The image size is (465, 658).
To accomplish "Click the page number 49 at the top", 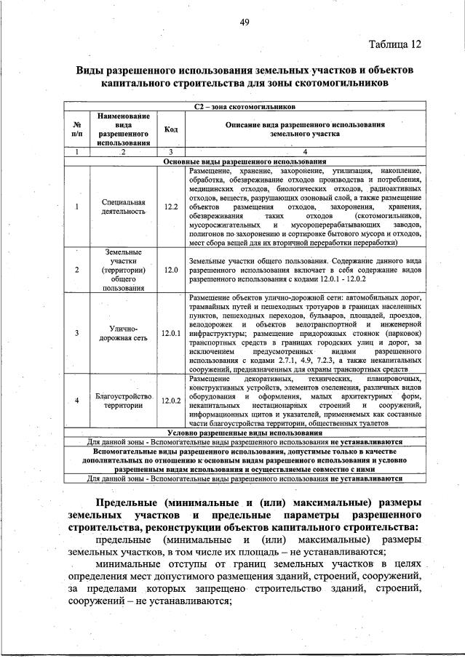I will click(x=245, y=22).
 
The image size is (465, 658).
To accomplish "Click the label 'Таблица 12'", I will click(x=394, y=43).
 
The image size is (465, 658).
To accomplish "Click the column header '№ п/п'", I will click(x=76, y=129).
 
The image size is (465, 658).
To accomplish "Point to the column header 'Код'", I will click(x=171, y=129).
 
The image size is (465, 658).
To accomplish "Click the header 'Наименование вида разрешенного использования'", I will click(x=123, y=129).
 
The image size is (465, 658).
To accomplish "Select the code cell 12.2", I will click(x=171, y=206).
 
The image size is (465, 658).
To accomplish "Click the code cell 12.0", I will click(x=171, y=270).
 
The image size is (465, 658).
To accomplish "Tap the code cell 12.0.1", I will click(x=171, y=334).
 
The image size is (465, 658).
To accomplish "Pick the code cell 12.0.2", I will click(x=171, y=401).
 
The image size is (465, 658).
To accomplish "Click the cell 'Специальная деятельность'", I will click(x=123, y=206).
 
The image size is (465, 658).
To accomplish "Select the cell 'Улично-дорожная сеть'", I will click(x=123, y=334).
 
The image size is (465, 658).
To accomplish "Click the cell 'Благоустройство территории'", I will click(x=123, y=401).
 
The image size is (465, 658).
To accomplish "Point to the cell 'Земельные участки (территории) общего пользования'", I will click(x=123, y=270).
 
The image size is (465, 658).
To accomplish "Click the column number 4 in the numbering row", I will click(x=304, y=152).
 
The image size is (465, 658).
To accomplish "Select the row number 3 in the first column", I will click(x=76, y=334).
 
